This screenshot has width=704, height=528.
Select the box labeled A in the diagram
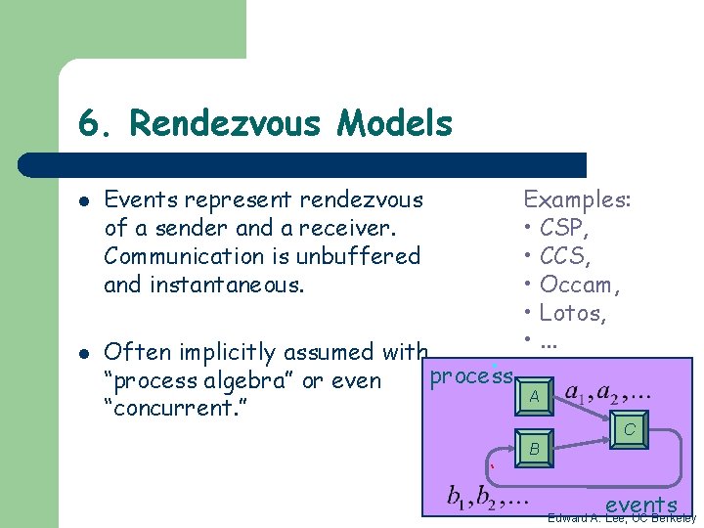[533, 396]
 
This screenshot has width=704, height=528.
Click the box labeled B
[533, 449]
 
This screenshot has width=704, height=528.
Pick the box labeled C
[630, 429]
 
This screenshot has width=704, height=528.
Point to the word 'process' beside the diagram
[472, 375]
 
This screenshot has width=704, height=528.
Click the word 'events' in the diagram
[641, 505]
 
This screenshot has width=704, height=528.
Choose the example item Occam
[580, 286]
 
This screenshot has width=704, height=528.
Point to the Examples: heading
[577, 200]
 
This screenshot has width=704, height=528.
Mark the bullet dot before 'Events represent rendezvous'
[85, 200]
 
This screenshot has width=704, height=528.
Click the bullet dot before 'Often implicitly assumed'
[85, 352]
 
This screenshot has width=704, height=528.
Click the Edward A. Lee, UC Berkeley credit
[622, 518]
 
